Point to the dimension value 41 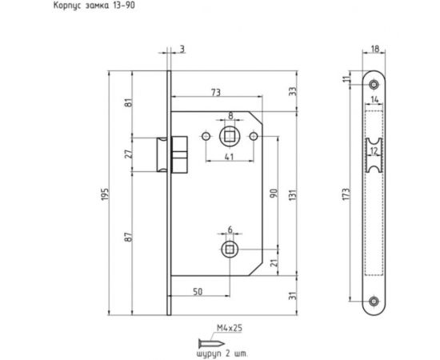(x=229, y=158)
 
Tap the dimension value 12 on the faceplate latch (x=375, y=149)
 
